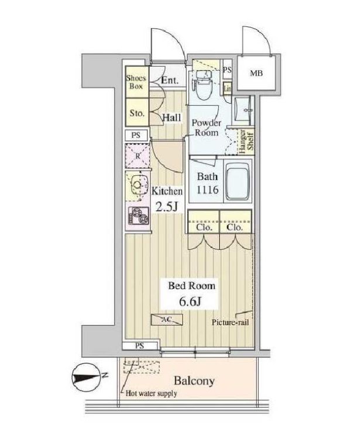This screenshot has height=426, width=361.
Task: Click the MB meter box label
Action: coord(256,73)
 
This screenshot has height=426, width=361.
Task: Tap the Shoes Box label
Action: coord(136,82)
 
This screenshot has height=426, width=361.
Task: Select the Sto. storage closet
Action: coord(137,112)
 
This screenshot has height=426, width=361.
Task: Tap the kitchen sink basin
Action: coord(137,186)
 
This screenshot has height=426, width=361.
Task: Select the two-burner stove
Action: coord(139,216)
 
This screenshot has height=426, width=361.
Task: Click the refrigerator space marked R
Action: coord(137,156)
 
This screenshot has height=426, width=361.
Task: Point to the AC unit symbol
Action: coord(167,320)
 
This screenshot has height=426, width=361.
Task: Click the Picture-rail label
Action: coord(231,323)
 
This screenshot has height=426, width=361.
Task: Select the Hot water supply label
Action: coord(151,393)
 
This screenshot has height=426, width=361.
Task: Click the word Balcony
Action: coord(194,381)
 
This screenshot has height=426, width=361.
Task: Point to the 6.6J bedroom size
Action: coord(190,301)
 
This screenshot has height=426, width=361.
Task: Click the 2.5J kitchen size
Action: coord(167,207)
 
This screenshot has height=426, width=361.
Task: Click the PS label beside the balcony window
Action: coord(139,346)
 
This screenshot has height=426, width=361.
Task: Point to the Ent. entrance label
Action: coord(170,80)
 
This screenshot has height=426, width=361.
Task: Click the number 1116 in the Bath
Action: coord(207,190)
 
